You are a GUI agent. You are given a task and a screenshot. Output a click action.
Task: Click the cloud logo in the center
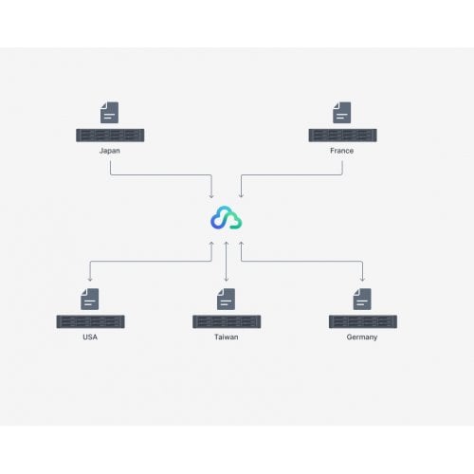[x=227, y=217]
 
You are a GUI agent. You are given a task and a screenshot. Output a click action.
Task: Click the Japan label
[x=110, y=151]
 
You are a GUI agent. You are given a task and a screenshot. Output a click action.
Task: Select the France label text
[x=341, y=151]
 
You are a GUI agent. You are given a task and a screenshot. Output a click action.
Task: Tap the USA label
[x=90, y=337]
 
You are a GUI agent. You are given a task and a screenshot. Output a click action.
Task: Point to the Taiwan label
[x=227, y=337]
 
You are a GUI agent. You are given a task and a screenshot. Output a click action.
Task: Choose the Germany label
[x=362, y=337]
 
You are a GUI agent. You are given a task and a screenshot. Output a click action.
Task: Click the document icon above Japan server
[x=109, y=113]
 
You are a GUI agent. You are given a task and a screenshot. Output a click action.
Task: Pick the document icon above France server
[x=342, y=113]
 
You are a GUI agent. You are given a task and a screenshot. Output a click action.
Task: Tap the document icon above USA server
[x=90, y=299]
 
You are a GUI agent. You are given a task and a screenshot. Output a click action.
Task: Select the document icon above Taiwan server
[x=226, y=299]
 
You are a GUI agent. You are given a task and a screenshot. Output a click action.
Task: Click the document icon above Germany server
[x=362, y=299]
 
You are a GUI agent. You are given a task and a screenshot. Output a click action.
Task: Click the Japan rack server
[x=110, y=136]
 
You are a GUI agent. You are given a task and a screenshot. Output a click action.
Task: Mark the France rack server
[x=342, y=136]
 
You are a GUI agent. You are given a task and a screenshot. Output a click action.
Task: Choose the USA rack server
[x=90, y=321]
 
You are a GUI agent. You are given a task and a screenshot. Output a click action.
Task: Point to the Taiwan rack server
[x=227, y=321]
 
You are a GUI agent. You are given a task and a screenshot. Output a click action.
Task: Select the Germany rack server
[x=363, y=321]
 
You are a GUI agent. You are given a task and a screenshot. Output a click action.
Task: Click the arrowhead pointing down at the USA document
[x=90, y=280]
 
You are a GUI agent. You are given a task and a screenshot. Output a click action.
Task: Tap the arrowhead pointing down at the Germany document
[x=362, y=280]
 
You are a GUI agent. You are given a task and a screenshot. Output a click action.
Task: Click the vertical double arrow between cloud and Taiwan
[x=227, y=262]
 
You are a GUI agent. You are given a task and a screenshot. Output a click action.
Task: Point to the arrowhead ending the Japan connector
[x=211, y=196]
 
